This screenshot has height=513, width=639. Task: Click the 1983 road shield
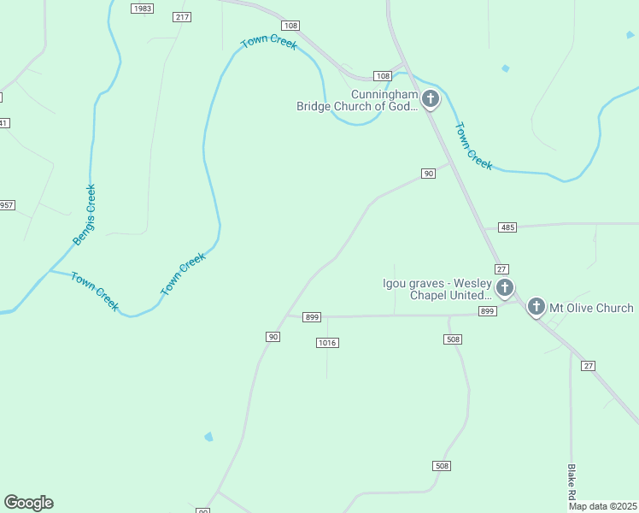(x=143, y=8)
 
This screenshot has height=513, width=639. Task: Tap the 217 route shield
(x=181, y=17)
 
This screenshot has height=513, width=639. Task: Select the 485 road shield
(x=508, y=227)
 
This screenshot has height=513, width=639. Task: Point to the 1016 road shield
(x=327, y=343)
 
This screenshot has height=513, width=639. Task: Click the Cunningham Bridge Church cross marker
(x=431, y=99)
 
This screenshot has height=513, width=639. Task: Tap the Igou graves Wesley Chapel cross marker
(x=505, y=288)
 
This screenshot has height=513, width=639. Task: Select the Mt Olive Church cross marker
(x=536, y=306)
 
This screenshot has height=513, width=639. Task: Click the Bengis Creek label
(x=84, y=215)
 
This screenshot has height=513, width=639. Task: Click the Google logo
(x=28, y=503)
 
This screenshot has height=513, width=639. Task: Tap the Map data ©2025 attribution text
(x=603, y=506)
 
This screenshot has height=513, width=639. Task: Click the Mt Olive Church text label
(x=591, y=308)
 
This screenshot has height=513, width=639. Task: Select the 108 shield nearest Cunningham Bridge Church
(x=383, y=76)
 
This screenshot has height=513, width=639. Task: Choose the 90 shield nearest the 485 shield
(x=429, y=174)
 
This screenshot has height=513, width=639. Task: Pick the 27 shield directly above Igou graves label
(x=501, y=269)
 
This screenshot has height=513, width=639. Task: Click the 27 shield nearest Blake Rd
(x=588, y=365)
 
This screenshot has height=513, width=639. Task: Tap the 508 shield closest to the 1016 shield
(x=453, y=339)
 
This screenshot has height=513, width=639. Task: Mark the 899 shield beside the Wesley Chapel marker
(x=488, y=311)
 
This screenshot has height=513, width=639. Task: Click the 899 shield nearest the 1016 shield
(x=312, y=317)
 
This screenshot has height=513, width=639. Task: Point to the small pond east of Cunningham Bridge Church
(x=506, y=68)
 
